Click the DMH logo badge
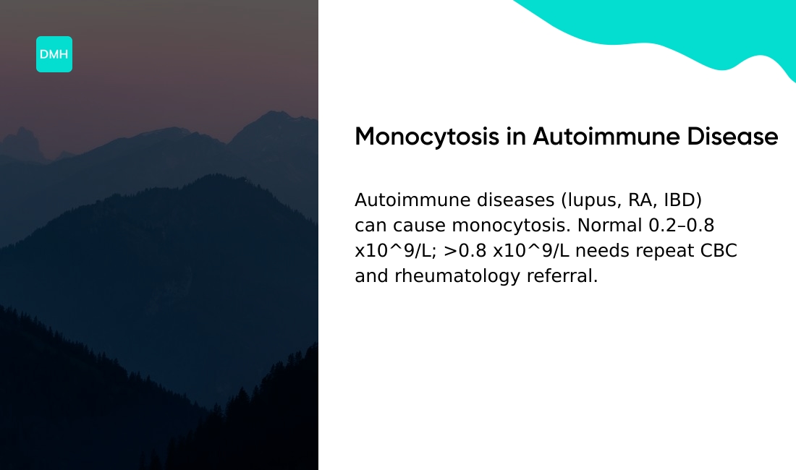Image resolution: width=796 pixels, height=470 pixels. pyautogui.click(x=54, y=54)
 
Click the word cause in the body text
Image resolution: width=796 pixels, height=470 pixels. pyautogui.click(x=418, y=225)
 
